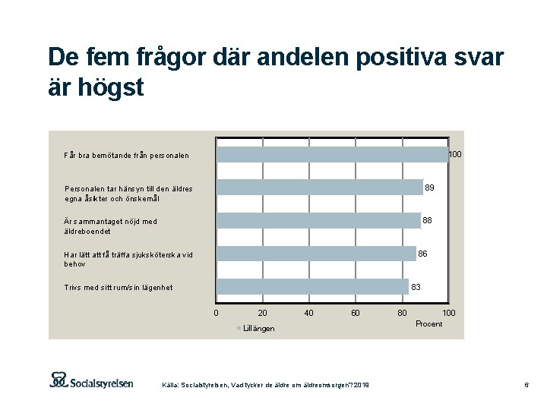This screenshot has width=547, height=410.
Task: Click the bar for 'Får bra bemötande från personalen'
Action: pyautogui.click(x=332, y=155)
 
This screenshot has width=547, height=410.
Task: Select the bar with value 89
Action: pyautogui.click(x=320, y=188)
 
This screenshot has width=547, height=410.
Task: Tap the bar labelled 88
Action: pyautogui.click(x=318, y=220)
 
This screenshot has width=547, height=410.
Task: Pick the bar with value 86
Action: pyautogui.click(x=316, y=253)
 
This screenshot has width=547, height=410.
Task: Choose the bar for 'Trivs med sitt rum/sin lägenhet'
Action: pyautogui.click(x=313, y=286)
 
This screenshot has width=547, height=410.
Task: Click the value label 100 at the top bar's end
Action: pyautogui.click(x=454, y=155)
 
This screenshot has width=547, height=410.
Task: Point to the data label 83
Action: pyautogui.click(x=416, y=287)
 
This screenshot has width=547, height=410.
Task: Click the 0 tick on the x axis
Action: pyautogui.click(x=217, y=313)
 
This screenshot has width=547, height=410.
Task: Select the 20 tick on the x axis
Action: pyautogui.click(x=263, y=313)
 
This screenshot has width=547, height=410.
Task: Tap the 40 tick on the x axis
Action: pyautogui.click(x=309, y=313)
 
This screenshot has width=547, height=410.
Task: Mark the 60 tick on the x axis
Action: pyautogui.click(x=356, y=313)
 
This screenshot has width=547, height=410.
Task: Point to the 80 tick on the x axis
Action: pyautogui.click(x=402, y=313)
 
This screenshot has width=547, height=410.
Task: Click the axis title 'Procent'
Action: pyautogui.click(x=429, y=324)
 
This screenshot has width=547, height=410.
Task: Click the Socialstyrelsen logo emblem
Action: pyautogui.click(x=59, y=380)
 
